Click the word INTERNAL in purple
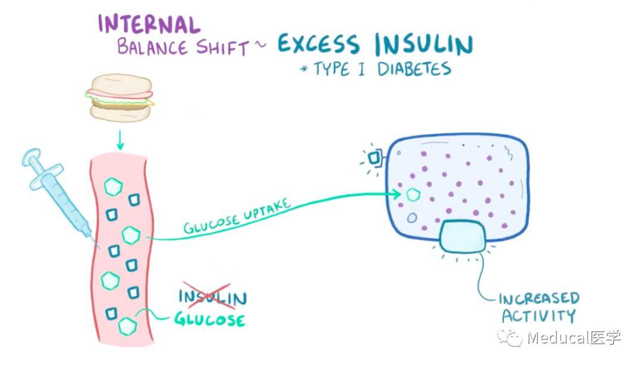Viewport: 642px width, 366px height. tap(149, 24)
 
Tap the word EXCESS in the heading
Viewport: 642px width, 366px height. tap(318, 44)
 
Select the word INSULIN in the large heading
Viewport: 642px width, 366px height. tap(424, 44)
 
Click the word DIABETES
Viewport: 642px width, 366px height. tap(414, 69)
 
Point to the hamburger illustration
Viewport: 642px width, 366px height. tap(120, 97)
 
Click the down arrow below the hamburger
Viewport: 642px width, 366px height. tap(120, 140)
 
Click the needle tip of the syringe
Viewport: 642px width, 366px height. tap(99, 248)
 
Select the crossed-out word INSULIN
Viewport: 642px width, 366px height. tap(212, 296)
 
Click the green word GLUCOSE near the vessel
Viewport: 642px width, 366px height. tap(209, 319)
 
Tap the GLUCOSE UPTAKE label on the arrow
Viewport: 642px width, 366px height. tap(237, 216)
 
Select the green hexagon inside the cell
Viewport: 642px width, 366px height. tap(413, 195)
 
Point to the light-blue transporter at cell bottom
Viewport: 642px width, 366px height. tap(462, 236)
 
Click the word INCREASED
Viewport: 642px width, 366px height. tap(539, 298)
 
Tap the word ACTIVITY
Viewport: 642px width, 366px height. tap(539, 315)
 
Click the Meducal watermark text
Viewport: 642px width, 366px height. tap(574, 337)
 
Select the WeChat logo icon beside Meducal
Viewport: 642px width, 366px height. tap(510, 337)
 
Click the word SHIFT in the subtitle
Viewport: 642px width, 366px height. tap(223, 48)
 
